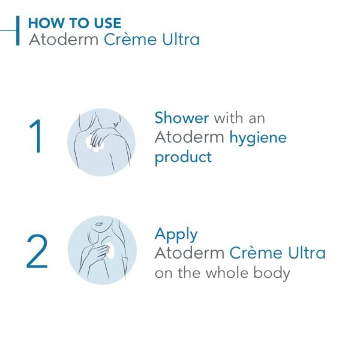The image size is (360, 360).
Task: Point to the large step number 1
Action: tap(35, 137)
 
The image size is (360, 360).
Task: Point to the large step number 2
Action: tap(37, 251)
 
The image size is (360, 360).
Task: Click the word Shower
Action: tap(182, 118)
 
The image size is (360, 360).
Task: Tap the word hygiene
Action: tap(258, 137)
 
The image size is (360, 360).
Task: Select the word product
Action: tap(183, 158)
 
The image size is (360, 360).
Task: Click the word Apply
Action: tap(176, 234)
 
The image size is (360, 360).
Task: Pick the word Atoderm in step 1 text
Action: tap(190, 137)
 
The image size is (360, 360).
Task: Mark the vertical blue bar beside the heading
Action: tap(19, 31)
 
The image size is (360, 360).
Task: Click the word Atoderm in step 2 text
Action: tap(190, 253)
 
